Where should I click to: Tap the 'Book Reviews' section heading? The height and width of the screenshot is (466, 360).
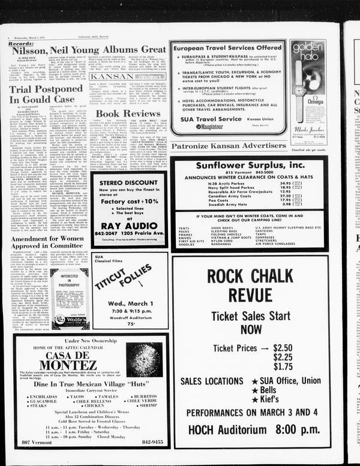[128, 113]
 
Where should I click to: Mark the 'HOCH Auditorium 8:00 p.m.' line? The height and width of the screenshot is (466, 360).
[250, 429]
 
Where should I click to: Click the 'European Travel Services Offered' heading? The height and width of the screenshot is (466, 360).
[227, 46]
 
